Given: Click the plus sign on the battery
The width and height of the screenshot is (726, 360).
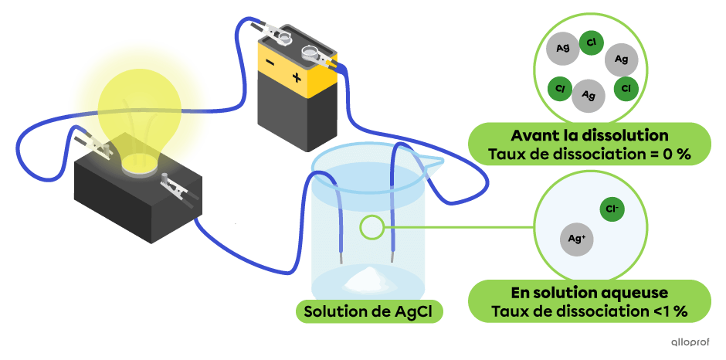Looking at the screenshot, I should (297, 77).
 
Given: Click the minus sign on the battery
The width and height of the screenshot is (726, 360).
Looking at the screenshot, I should (270, 63).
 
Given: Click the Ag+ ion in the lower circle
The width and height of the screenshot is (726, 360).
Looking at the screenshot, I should (576, 239).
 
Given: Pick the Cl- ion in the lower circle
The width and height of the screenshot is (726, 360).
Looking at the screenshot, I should (614, 209).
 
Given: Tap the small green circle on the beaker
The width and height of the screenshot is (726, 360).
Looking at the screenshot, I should (371, 227).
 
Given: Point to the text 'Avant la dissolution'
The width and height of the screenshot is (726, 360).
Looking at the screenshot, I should (589, 135).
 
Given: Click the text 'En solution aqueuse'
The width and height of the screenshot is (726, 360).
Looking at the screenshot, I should (589, 294).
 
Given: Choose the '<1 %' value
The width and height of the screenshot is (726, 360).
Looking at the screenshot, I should (668, 312).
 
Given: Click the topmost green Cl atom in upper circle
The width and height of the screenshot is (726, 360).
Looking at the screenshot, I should (591, 43).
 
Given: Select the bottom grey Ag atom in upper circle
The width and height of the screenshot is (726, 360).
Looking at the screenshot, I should (589, 95).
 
